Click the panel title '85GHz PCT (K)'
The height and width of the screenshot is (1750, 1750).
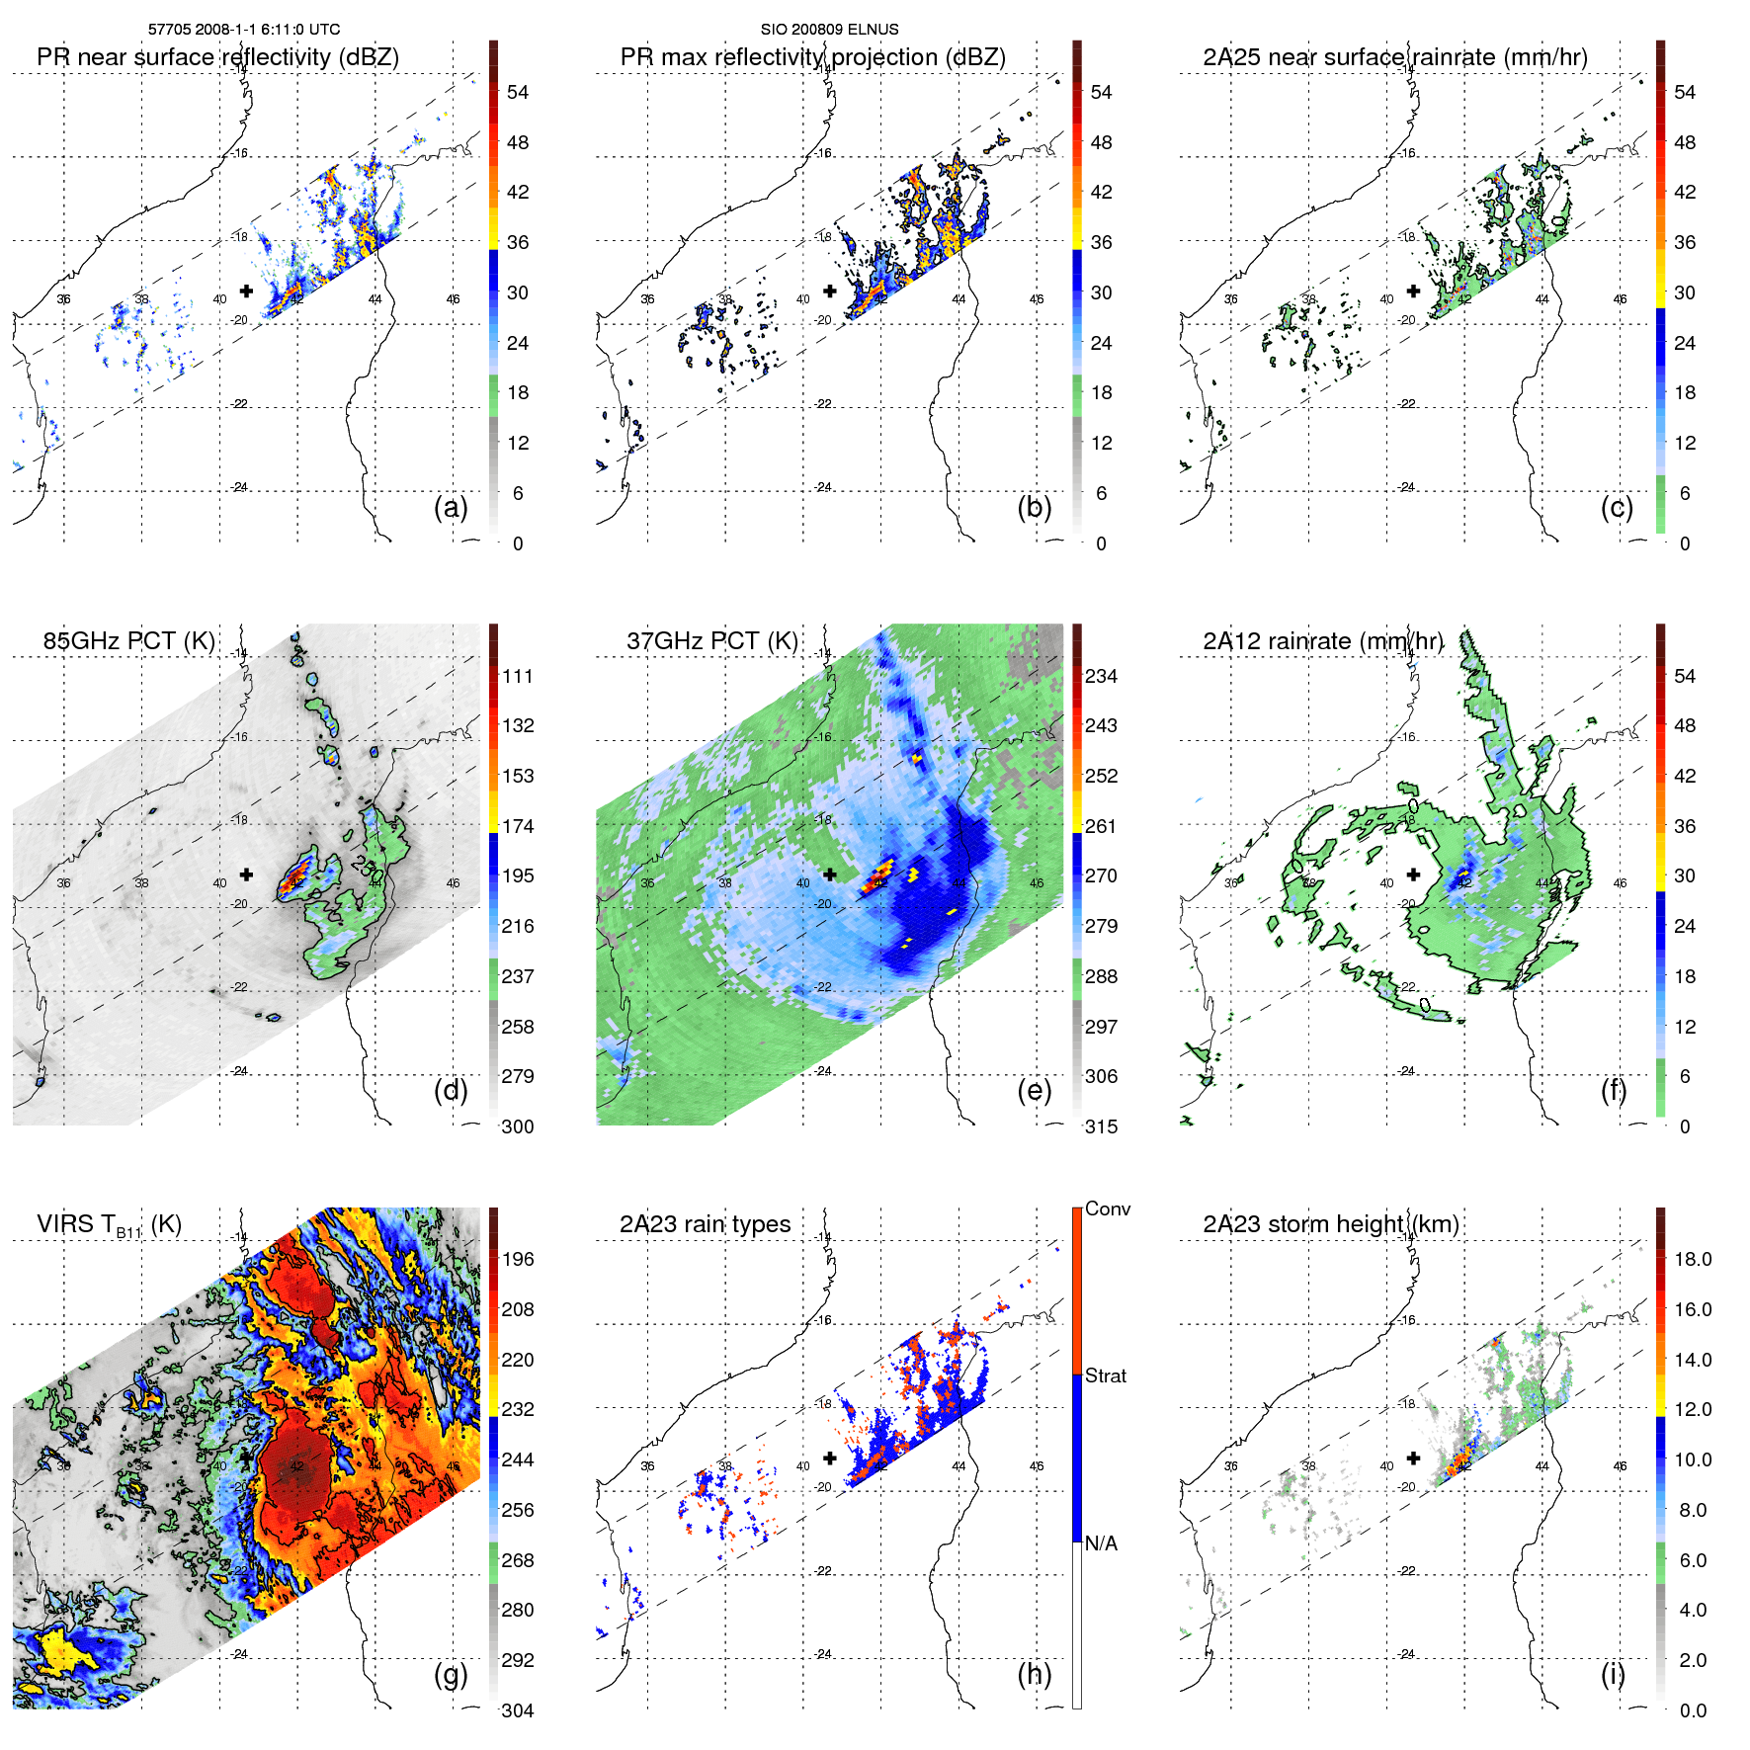[128, 641]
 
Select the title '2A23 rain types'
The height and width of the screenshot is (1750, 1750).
[705, 1224]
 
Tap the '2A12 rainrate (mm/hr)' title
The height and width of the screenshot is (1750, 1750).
[1322, 641]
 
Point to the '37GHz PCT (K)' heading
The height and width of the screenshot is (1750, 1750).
[711, 641]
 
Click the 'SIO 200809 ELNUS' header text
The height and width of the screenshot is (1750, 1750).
[829, 30]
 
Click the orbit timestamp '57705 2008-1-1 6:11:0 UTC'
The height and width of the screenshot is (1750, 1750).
[244, 30]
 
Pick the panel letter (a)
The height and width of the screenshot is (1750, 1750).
[451, 507]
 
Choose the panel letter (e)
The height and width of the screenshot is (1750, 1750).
[1034, 1090]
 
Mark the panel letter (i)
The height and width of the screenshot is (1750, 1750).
[1613, 1674]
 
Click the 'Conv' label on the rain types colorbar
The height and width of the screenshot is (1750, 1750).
[1107, 1208]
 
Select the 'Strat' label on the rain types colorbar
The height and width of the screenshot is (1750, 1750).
[1105, 1375]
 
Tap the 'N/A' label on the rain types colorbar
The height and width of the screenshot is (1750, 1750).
[1101, 1543]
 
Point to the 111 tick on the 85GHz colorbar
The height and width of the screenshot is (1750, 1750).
[518, 676]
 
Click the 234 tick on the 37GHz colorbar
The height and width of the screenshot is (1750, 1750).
[1101, 676]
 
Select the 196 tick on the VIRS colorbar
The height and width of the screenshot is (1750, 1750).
[518, 1259]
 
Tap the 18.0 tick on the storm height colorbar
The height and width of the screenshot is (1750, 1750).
[1693, 1259]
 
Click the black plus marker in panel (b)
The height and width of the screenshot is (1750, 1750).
[830, 292]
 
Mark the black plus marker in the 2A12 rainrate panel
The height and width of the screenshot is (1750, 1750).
[1413, 875]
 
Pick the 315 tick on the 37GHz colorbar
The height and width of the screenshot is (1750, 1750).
[1101, 1126]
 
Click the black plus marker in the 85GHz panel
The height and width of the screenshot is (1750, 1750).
[246, 875]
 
